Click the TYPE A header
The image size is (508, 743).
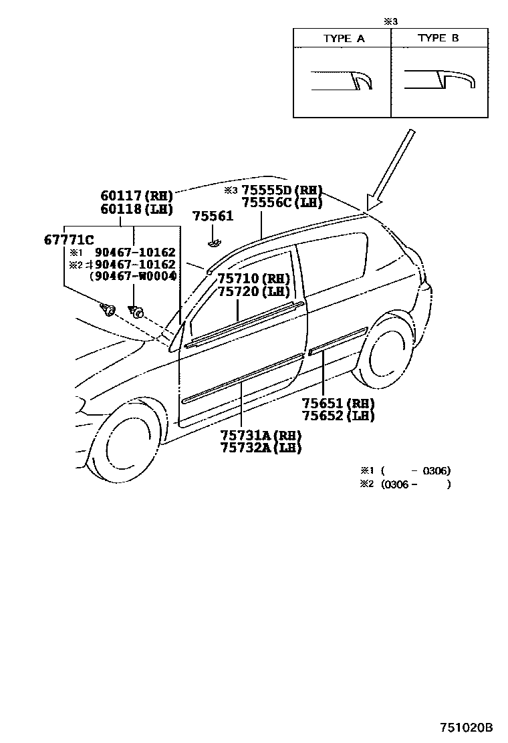(x=344, y=39)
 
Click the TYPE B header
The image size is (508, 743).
(x=438, y=39)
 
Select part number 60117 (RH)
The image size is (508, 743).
(x=136, y=196)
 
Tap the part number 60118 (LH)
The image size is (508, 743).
(x=136, y=208)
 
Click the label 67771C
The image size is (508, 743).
(x=69, y=240)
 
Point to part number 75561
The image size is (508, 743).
(x=213, y=216)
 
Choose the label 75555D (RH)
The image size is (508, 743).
(x=282, y=190)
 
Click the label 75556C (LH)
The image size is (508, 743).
(x=282, y=202)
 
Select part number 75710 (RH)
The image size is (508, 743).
(x=253, y=279)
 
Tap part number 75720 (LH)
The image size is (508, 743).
(x=253, y=291)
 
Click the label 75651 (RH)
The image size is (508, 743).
(x=338, y=403)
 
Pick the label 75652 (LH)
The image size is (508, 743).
(x=338, y=416)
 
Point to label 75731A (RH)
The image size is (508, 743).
(x=261, y=435)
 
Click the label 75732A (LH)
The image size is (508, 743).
(x=261, y=448)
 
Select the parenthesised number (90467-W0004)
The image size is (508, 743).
(x=132, y=276)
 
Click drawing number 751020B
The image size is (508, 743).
(x=466, y=727)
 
